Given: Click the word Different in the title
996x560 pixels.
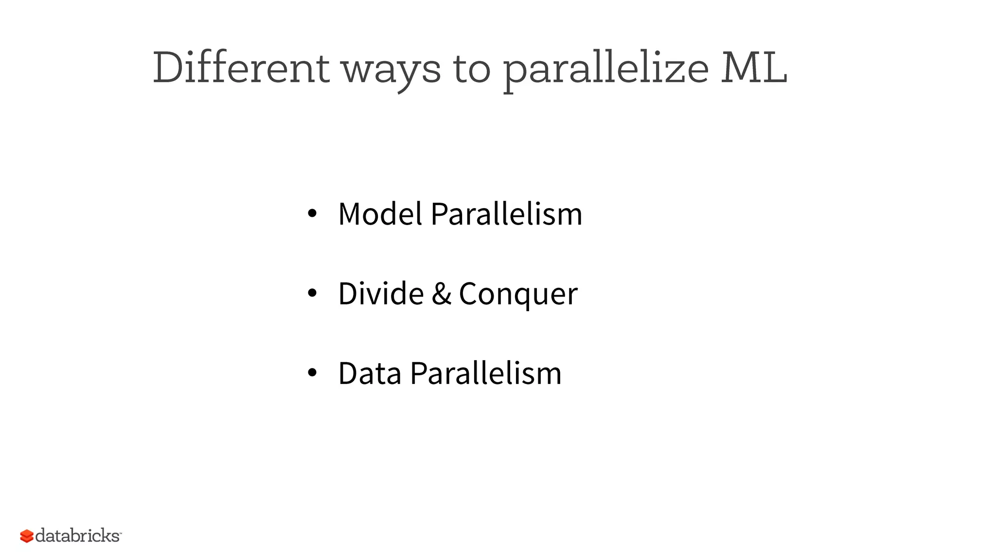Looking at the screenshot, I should (x=241, y=68).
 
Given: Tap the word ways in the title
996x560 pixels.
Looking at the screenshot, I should (x=391, y=70).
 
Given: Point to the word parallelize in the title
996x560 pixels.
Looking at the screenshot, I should (x=605, y=70).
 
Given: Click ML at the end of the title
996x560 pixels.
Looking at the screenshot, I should (x=753, y=68).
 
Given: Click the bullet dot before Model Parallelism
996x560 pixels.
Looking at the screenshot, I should (x=312, y=213).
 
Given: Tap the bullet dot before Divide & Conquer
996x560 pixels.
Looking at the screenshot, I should (x=312, y=293).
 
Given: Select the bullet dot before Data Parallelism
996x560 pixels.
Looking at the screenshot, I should (x=312, y=373).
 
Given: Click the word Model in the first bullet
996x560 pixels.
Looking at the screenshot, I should (x=380, y=214).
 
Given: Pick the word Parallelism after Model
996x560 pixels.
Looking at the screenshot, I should (x=506, y=214).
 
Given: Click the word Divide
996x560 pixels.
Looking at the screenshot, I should (x=381, y=294).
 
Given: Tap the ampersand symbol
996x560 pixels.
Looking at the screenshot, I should (x=441, y=294).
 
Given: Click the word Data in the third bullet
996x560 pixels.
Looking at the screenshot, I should (x=370, y=373).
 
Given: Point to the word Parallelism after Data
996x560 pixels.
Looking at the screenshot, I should (x=486, y=373).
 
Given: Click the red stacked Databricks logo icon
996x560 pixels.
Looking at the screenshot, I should (x=27, y=536).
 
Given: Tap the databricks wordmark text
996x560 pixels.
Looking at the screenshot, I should (x=78, y=536).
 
